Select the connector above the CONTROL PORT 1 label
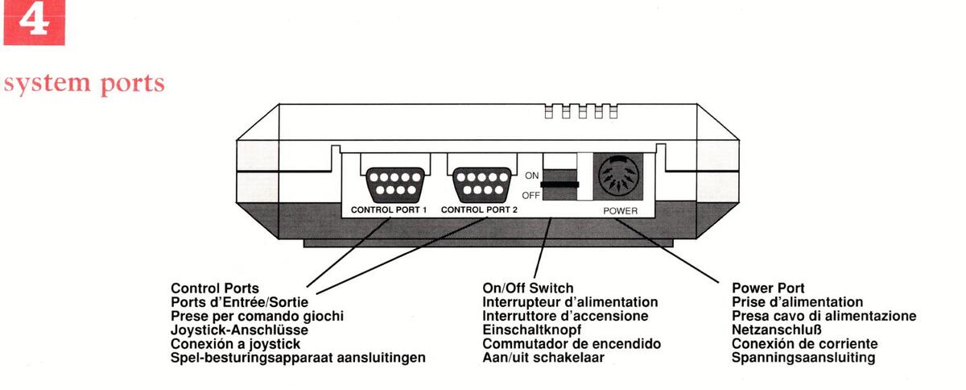(x=390, y=183)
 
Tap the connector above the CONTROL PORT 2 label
(x=481, y=183)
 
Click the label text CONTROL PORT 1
(x=389, y=210)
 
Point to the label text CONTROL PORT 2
(x=480, y=210)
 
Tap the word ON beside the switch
(x=532, y=173)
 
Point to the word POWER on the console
(x=621, y=210)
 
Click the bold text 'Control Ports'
(x=215, y=288)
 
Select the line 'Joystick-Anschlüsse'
(x=240, y=330)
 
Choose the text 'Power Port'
(x=768, y=288)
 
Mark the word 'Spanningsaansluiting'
(x=803, y=357)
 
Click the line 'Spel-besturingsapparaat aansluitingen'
(x=298, y=357)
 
